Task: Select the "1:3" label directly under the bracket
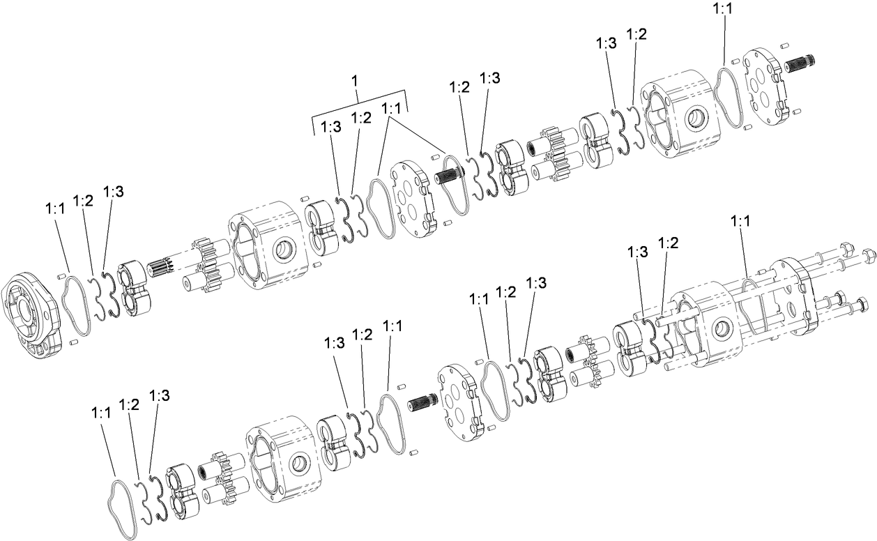coord(331,126)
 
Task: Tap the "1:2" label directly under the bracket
coord(361,119)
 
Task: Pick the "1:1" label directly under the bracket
coord(392,109)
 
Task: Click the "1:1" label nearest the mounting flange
coord(56,208)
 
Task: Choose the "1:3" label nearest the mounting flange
coord(114,192)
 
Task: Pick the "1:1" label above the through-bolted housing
coord(740,221)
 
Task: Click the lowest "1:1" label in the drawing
coord(101,413)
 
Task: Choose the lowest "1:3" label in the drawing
coord(160,395)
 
